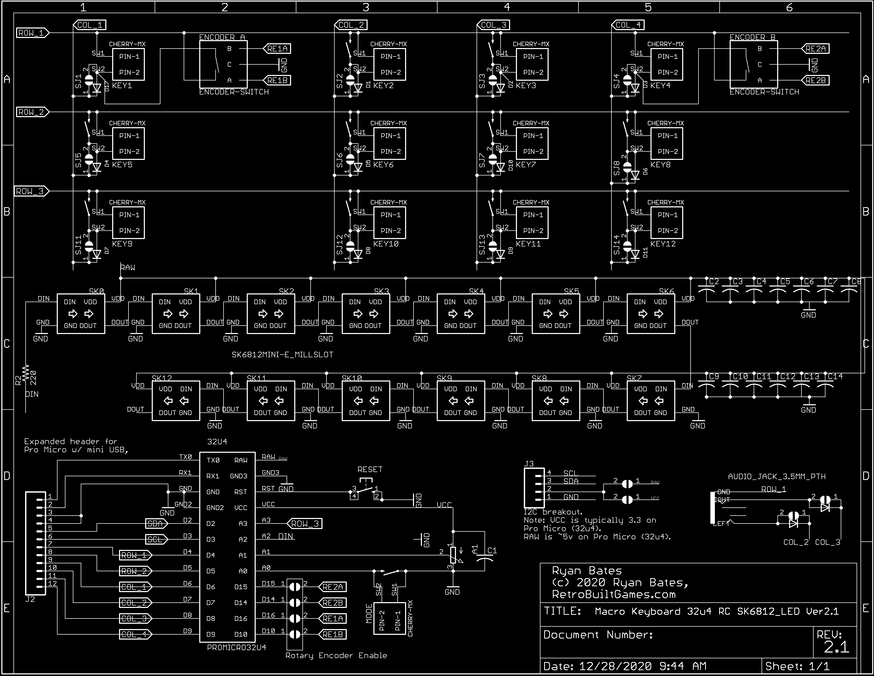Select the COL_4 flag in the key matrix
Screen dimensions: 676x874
tap(628, 25)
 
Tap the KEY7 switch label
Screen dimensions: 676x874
tap(525, 164)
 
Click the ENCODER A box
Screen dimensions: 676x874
tap(223, 64)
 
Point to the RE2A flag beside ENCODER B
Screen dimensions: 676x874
tap(816, 49)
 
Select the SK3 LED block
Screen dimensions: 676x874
tap(366, 314)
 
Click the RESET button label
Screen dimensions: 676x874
tap(370, 469)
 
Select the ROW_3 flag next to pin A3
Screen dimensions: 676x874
tap(305, 523)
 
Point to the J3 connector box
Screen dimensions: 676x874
tap(534, 488)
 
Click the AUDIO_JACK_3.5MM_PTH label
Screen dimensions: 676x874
tap(776, 476)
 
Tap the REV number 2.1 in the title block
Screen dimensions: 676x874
tap(836, 647)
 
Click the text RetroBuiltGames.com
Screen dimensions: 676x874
tap(614, 595)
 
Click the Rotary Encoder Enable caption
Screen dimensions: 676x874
tap(336, 655)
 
